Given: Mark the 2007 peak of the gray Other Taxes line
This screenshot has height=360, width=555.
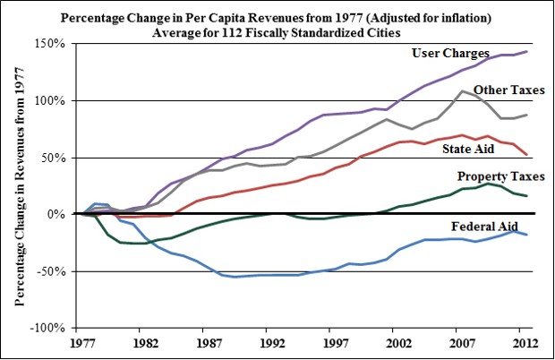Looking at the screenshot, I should click(462, 91).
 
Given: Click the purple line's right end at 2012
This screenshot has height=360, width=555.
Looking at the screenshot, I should click(526, 52).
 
